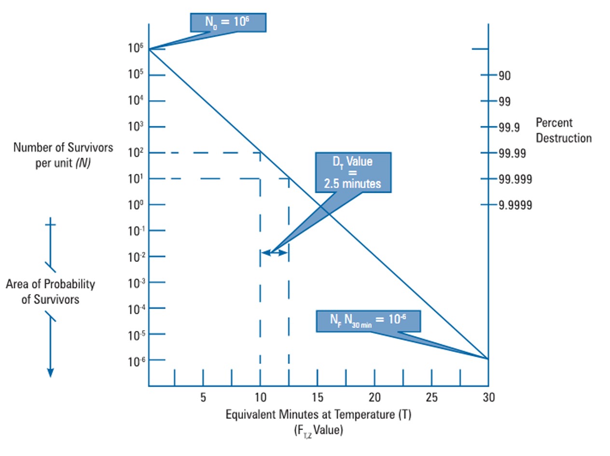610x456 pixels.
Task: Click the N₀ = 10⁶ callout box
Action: (228, 22)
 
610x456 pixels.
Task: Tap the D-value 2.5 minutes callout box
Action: (352, 173)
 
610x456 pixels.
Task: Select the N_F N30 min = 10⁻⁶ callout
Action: (368, 321)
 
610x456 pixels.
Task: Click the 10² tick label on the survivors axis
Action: (136, 153)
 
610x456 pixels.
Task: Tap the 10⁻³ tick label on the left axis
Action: (136, 283)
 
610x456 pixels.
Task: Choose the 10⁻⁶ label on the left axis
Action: (136, 361)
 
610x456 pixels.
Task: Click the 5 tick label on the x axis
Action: (203, 398)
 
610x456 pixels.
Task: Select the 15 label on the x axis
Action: (317, 398)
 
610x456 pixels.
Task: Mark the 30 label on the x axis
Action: (488, 398)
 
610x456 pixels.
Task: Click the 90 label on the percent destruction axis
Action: (505, 76)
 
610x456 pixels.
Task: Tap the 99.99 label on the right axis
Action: (513, 153)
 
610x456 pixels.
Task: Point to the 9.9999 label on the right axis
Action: (515, 205)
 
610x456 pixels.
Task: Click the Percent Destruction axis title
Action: (563, 131)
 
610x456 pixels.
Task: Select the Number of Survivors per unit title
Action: (63, 155)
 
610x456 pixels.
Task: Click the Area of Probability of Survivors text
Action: (50, 292)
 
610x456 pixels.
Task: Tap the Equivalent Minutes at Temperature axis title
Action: (319, 415)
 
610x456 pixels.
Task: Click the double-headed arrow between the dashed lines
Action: (275, 252)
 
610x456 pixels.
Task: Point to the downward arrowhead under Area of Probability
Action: (50, 373)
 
